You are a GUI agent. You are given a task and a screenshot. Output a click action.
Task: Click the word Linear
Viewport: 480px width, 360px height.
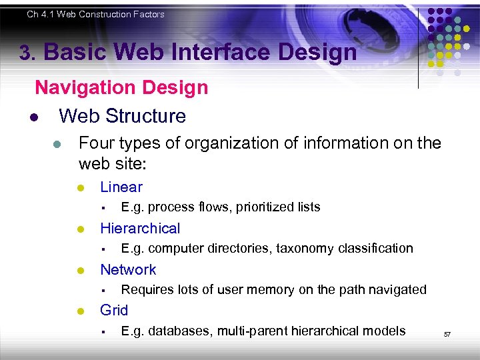pos(121,187)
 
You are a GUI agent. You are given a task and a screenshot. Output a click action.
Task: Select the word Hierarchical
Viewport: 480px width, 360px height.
pos(139,229)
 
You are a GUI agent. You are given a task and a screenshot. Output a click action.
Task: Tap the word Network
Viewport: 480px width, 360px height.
pos(128,270)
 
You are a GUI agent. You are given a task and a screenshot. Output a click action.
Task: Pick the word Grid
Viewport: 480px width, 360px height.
pos(113,311)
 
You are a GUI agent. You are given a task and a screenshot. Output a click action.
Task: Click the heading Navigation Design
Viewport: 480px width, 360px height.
pos(121,87)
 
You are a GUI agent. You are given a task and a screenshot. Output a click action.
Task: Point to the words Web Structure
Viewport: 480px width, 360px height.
pos(122,116)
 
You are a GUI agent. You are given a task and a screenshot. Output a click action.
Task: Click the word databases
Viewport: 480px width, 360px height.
pos(175,331)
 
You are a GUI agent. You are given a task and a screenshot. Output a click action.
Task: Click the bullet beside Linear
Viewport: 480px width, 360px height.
pos(79,189)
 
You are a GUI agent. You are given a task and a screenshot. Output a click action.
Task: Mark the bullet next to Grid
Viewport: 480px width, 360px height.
pos(79,311)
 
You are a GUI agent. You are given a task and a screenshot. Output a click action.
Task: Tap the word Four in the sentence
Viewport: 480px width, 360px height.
pos(95,143)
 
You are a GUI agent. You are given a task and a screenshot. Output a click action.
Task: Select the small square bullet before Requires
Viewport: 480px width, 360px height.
pos(103,290)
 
